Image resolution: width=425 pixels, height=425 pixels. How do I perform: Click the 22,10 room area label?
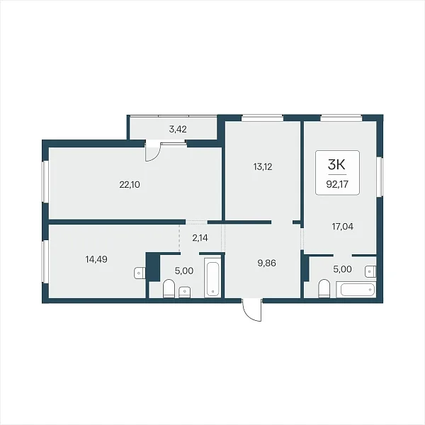(x=130, y=185)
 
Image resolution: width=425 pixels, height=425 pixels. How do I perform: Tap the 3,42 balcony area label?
(x=178, y=130)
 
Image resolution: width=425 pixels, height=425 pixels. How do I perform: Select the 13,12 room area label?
(x=263, y=166)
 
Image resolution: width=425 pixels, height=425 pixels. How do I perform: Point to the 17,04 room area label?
(x=343, y=227)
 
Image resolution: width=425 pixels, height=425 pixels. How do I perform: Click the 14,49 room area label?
(x=96, y=259)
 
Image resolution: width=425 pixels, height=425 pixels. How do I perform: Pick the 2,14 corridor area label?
(x=200, y=238)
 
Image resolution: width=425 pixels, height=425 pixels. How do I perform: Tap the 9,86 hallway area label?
(x=267, y=263)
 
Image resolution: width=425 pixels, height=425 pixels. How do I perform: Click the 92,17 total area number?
(x=337, y=184)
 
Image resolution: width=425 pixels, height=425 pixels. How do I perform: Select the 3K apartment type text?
(x=336, y=164)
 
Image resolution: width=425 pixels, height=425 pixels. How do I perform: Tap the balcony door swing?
(x=154, y=151)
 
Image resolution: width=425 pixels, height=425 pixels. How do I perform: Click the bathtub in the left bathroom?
(x=212, y=279)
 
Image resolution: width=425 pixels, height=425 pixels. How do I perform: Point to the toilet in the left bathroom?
(x=169, y=288)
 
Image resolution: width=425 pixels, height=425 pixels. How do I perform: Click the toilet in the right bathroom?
(x=324, y=288)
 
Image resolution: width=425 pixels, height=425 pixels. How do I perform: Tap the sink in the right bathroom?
(x=370, y=271)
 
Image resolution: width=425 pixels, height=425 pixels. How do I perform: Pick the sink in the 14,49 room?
(x=140, y=273)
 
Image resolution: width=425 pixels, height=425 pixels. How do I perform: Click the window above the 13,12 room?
(x=262, y=118)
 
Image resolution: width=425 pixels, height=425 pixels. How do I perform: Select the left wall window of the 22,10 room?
(x=45, y=182)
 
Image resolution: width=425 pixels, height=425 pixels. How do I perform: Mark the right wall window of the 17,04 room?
(x=380, y=176)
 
